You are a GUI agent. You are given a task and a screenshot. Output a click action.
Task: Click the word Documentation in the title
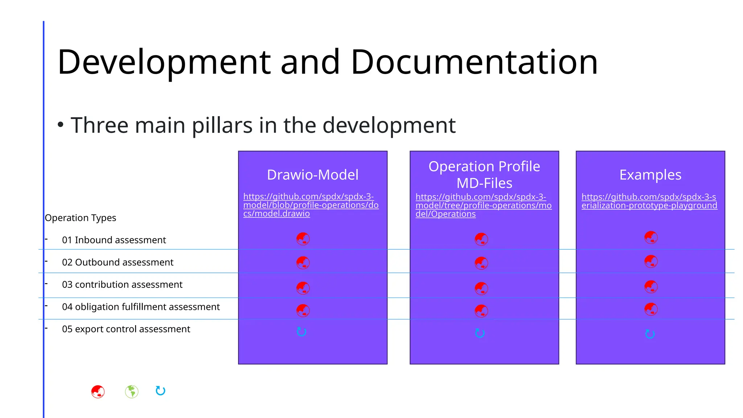tap(474, 62)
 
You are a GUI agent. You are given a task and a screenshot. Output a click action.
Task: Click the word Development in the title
tap(164, 62)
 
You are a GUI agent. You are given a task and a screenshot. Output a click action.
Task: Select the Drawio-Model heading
tap(312, 175)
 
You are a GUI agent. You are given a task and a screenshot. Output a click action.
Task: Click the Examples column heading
tap(650, 175)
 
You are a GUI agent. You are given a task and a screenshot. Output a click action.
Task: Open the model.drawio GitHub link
tap(311, 205)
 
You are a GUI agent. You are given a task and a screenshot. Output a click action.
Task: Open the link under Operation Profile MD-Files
tap(483, 205)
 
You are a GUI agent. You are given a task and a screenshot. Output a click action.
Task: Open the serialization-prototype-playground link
tap(649, 201)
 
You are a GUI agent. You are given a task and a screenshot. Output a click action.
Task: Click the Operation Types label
tap(81, 218)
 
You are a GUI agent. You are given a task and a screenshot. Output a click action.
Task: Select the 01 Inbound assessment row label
tap(114, 240)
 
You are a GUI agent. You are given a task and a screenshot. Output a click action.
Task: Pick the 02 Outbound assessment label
tap(118, 262)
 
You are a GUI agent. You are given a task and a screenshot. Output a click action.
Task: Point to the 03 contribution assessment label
tap(122, 284)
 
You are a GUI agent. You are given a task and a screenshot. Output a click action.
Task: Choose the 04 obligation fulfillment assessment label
tap(141, 307)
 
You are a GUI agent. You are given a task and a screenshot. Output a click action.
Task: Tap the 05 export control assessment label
tap(126, 329)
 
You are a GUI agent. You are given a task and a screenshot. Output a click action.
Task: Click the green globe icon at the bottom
tap(132, 392)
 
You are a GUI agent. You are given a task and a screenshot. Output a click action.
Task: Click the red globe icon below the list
tap(98, 392)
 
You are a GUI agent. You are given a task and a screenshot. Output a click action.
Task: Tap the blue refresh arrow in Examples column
tap(650, 334)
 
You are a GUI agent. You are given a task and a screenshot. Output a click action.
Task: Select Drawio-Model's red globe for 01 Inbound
tap(303, 239)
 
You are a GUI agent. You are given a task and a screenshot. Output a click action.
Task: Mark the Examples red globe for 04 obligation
tap(651, 309)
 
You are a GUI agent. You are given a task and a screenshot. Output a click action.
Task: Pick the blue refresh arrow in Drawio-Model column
tap(301, 332)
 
